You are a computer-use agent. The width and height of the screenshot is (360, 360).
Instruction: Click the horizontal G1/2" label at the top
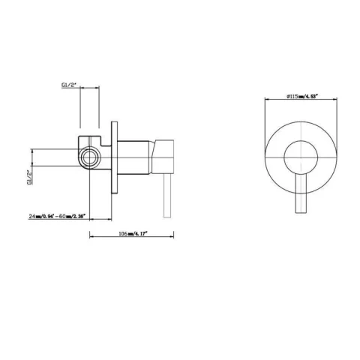[x=69, y=86]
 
